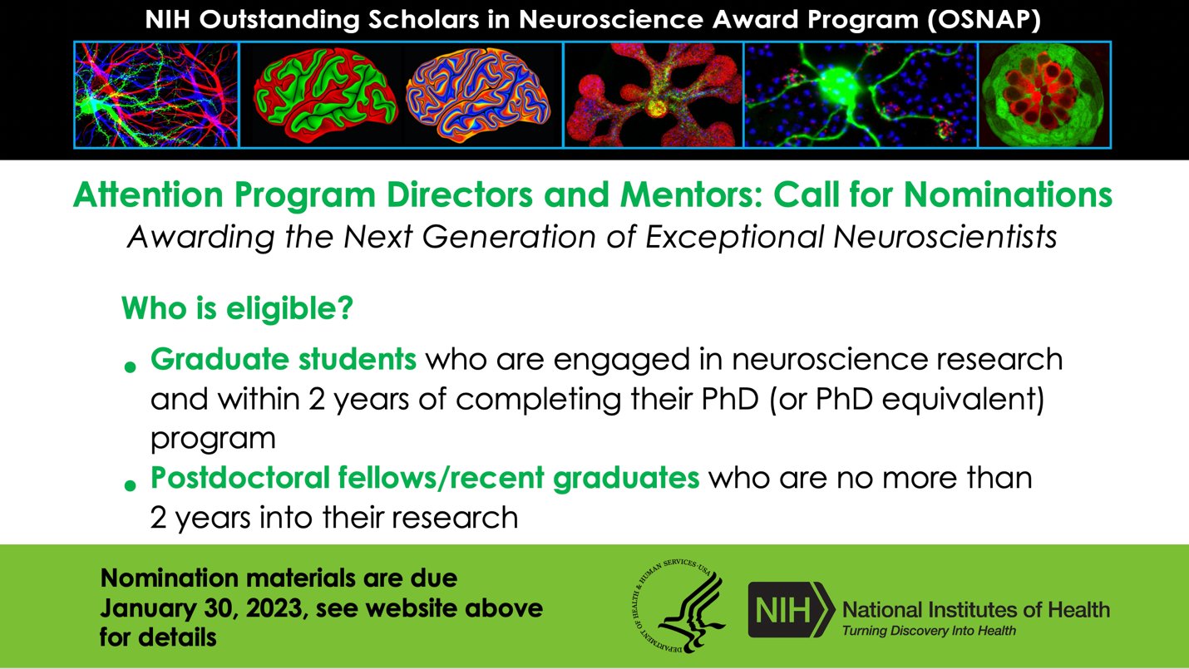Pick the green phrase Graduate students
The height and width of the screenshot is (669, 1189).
(283, 360)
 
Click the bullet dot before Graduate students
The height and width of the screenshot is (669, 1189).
(130, 366)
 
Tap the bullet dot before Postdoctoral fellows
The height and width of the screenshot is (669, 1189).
(130, 485)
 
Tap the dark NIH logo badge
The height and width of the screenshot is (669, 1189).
(791, 610)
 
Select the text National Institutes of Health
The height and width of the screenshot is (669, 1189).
(976, 609)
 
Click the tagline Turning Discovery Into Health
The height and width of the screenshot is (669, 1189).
(929, 631)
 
